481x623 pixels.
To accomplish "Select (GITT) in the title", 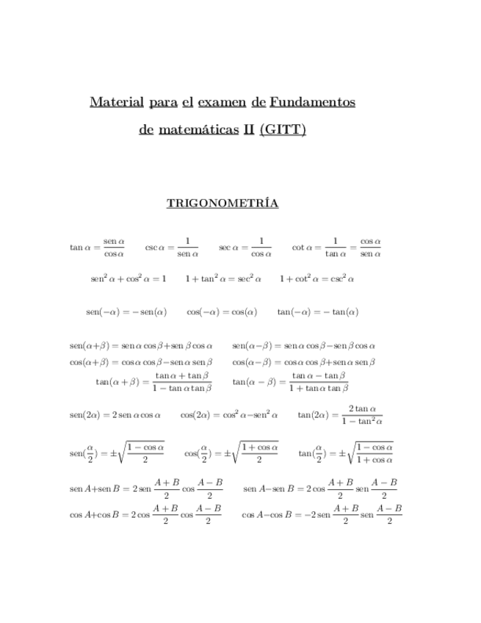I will click(x=283, y=131).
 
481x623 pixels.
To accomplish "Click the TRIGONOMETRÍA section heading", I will click(x=223, y=204).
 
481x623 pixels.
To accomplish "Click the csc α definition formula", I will click(x=172, y=248).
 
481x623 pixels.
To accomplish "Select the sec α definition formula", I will click(x=245, y=248).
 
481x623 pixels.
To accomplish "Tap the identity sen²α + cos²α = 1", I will click(x=129, y=279).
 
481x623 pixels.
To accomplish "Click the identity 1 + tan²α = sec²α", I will click(x=223, y=279).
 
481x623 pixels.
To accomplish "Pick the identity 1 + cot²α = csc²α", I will click(x=317, y=279).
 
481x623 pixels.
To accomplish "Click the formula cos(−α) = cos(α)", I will click(x=222, y=311).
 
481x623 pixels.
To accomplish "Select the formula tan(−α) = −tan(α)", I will click(x=317, y=311).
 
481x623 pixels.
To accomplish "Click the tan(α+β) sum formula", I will click(x=153, y=381).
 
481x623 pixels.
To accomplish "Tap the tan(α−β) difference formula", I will click(x=289, y=381).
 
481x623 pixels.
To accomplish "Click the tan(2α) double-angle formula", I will click(x=340, y=415).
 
